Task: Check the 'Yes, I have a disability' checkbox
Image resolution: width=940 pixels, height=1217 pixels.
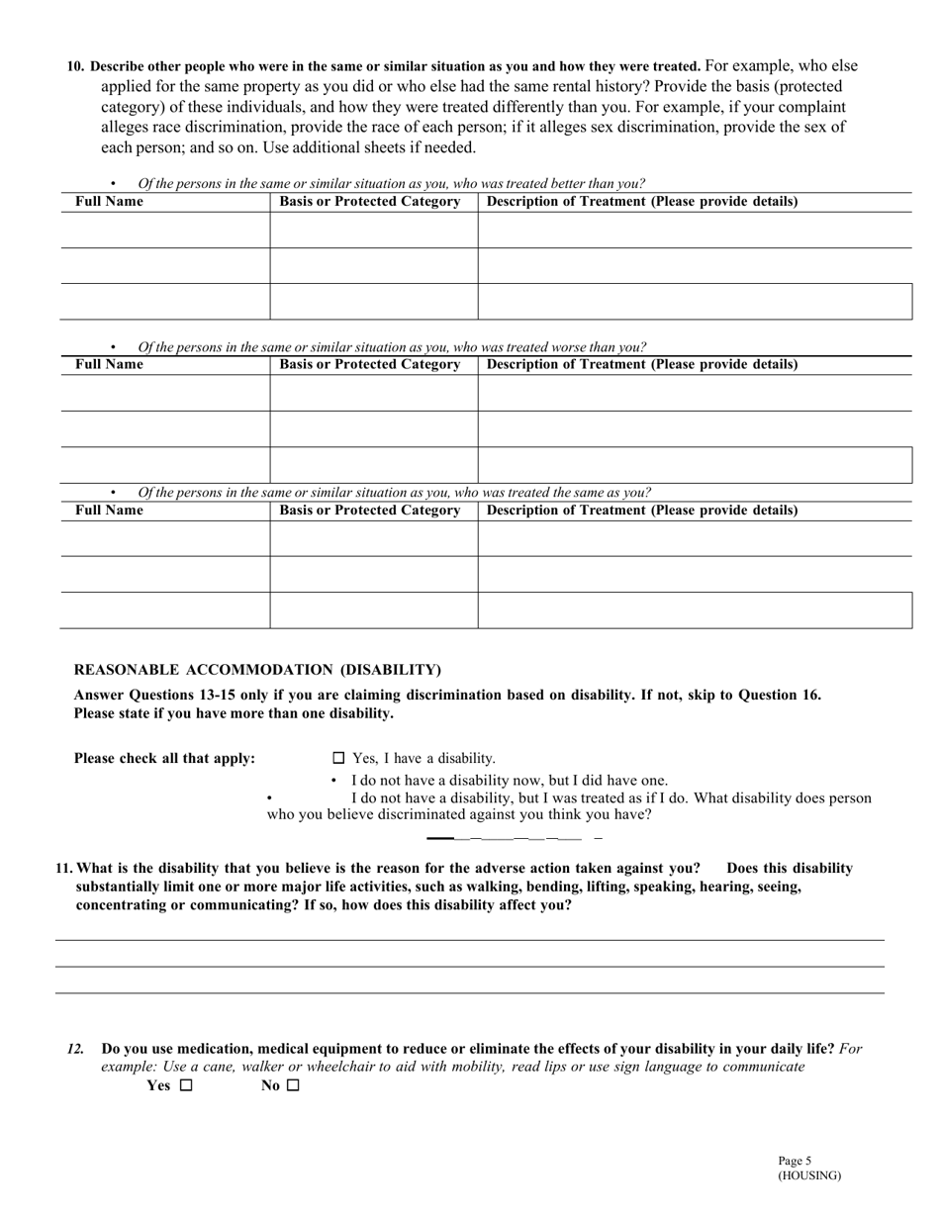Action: tap(338, 758)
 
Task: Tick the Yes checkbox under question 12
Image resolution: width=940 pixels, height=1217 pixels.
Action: tap(186, 1085)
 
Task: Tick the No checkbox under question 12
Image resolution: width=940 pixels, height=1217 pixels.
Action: tap(292, 1085)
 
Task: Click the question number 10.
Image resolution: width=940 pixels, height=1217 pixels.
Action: tap(75, 66)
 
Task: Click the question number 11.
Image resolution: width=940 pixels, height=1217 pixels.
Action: tap(63, 868)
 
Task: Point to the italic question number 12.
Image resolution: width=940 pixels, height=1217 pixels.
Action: tap(75, 1048)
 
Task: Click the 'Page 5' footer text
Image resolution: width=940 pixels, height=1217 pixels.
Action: tap(795, 1161)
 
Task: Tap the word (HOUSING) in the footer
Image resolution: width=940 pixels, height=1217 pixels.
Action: tap(808, 1175)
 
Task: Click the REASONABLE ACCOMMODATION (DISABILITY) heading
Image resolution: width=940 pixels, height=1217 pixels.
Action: tap(257, 670)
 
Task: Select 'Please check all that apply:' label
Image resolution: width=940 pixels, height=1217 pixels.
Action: tap(164, 758)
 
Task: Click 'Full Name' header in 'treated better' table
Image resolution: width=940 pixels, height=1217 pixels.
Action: tap(109, 201)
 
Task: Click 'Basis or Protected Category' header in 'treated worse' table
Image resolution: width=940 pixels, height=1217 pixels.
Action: tap(370, 364)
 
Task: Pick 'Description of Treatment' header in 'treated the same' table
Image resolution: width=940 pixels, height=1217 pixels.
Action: tap(642, 510)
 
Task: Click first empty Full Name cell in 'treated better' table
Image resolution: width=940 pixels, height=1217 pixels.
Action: tap(164, 230)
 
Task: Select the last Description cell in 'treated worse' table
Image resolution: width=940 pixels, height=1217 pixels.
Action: tap(694, 465)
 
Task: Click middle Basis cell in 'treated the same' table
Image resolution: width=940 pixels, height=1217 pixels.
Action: tap(373, 574)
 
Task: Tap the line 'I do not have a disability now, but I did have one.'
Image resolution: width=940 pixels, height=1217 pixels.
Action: tap(509, 780)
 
